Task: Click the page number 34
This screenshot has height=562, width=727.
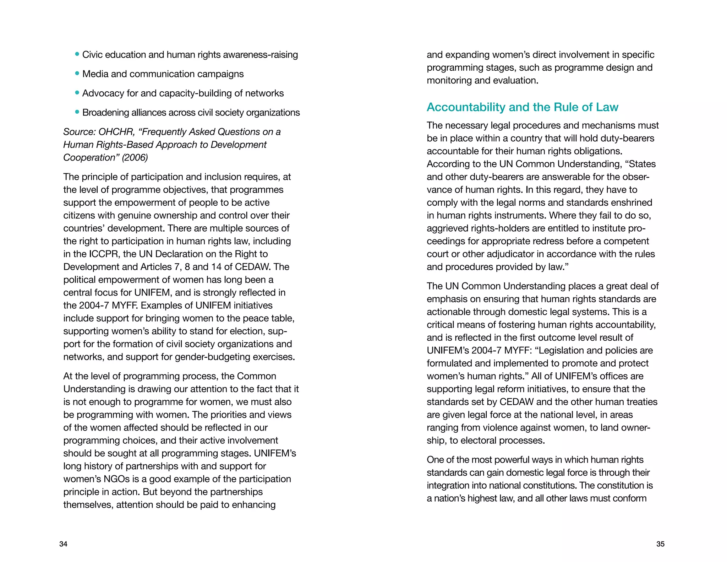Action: (x=63, y=544)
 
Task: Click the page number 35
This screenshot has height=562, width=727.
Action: (x=660, y=544)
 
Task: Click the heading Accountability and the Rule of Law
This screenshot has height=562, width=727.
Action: (x=522, y=107)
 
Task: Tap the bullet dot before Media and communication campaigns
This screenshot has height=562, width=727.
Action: (x=77, y=74)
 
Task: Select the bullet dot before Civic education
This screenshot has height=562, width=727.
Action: (x=77, y=54)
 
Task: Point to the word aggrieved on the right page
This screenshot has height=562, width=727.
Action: (x=446, y=228)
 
